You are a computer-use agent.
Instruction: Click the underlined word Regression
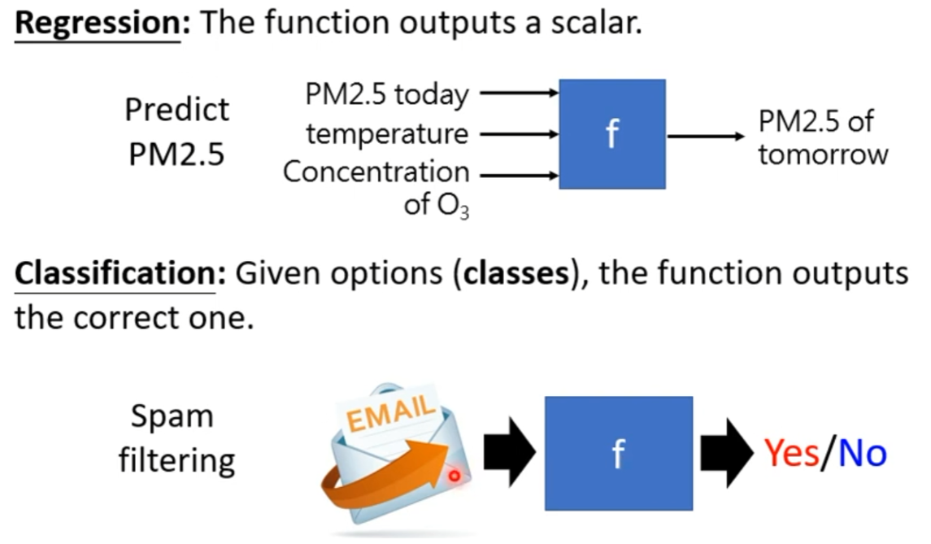[x=98, y=24]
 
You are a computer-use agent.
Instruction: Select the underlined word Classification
[x=115, y=274]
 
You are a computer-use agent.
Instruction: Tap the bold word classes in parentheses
[x=516, y=274]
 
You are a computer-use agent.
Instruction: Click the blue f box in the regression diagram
[x=612, y=134]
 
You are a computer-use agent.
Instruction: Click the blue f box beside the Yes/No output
[x=619, y=453]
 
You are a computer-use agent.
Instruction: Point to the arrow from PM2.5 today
[x=519, y=93]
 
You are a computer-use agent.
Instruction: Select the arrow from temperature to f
[x=519, y=134]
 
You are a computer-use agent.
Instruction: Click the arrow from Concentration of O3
[x=519, y=175]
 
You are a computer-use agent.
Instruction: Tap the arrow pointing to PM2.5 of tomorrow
[x=706, y=137]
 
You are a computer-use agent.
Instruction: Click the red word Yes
[x=791, y=453]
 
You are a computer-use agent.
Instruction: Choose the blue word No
[x=863, y=453]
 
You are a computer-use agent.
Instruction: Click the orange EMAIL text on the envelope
[x=390, y=411]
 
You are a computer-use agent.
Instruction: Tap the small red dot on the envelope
[x=455, y=475]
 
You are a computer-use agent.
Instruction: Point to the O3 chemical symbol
[x=453, y=206]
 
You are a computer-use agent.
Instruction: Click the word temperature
[x=387, y=133]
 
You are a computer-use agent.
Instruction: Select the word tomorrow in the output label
[x=823, y=155]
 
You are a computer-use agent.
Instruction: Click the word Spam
[x=172, y=417]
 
